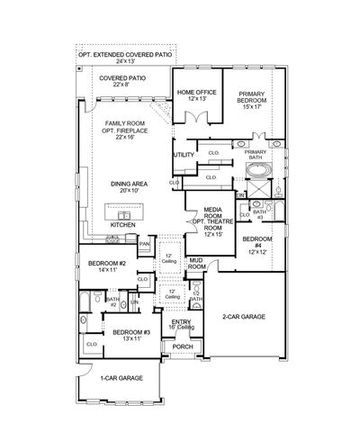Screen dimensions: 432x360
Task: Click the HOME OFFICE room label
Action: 195,92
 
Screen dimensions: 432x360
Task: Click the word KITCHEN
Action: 122,225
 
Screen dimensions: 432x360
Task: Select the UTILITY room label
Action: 184,155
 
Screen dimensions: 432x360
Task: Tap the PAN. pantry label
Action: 144,243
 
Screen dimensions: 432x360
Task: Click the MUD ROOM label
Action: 197,264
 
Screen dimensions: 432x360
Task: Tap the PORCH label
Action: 182,346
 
